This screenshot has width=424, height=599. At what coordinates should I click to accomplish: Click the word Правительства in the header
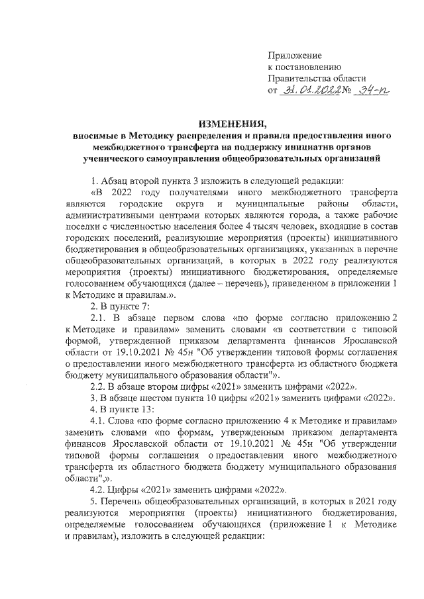(299, 78)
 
